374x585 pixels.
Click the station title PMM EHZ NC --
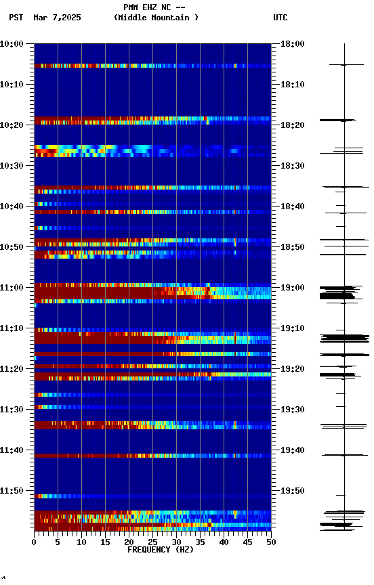click(154, 7)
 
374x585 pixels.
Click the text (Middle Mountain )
click(157, 18)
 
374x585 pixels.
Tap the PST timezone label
click(16, 18)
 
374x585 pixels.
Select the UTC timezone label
click(280, 18)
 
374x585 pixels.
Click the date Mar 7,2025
click(57, 18)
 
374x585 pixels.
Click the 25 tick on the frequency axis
click(152, 542)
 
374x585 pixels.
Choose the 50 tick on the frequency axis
click(271, 542)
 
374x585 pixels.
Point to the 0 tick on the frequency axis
click(34, 542)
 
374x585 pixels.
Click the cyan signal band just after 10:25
click(102, 148)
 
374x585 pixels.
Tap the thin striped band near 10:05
click(152, 66)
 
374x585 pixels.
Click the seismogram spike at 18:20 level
click(338, 120)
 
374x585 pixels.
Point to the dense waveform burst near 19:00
click(337, 292)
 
